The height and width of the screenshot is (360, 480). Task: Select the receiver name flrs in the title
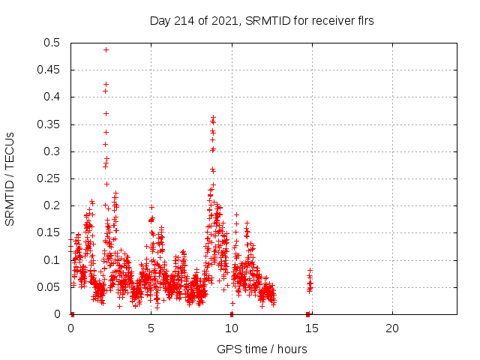click(363, 21)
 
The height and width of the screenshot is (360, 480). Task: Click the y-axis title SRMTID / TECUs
click(10, 178)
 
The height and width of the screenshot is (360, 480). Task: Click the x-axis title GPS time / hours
click(262, 349)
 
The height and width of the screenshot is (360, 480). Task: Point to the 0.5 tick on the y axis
click(55, 43)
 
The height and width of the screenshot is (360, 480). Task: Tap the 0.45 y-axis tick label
click(52, 70)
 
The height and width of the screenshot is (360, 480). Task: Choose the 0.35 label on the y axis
click(52, 124)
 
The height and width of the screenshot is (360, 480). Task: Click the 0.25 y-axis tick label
click(52, 178)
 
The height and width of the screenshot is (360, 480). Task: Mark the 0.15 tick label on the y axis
click(52, 232)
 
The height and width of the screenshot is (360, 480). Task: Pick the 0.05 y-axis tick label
click(52, 287)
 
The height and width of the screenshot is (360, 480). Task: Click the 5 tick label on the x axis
click(151, 328)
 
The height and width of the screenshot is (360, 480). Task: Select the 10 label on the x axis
click(231, 328)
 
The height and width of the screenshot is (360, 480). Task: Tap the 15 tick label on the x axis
click(311, 328)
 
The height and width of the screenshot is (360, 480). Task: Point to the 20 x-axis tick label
click(391, 328)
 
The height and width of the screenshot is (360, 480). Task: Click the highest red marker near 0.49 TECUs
click(106, 49)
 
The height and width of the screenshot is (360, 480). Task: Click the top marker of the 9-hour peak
click(213, 118)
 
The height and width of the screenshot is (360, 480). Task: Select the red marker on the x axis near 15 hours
click(308, 314)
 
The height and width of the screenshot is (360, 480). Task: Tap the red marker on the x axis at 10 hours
click(232, 314)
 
